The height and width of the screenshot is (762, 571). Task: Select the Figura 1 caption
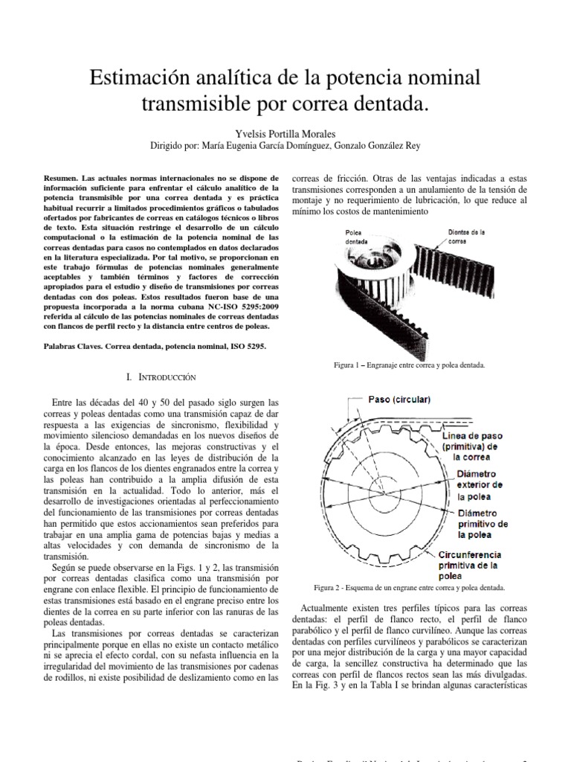point(410,366)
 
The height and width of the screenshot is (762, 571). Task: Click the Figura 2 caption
point(410,586)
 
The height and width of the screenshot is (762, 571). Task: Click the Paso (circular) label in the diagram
point(399,400)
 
